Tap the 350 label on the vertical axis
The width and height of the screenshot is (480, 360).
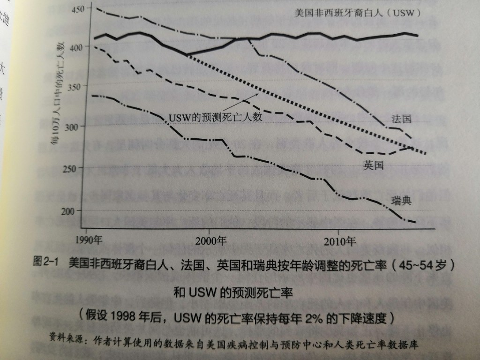click(x=74, y=86)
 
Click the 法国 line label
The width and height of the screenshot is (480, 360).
click(x=401, y=119)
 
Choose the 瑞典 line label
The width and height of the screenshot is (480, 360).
click(x=402, y=202)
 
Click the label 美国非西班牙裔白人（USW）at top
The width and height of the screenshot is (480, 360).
click(x=356, y=12)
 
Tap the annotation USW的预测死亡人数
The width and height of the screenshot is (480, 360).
click(x=216, y=116)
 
